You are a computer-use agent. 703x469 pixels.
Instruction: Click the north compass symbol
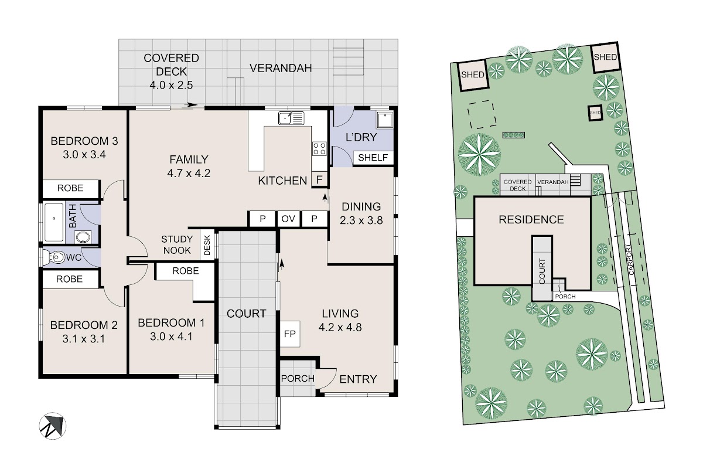[53, 426]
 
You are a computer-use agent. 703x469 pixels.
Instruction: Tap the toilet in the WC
[53, 257]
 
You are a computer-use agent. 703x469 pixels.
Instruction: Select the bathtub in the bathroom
[54, 222]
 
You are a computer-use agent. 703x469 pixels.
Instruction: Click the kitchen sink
[291, 118]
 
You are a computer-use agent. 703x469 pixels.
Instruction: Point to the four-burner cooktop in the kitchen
[319, 148]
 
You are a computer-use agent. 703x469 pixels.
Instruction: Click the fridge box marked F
[319, 179]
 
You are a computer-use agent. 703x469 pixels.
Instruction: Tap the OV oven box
[289, 219]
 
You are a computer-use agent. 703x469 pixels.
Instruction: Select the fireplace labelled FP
[289, 334]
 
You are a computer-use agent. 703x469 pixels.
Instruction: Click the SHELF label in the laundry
[373, 157]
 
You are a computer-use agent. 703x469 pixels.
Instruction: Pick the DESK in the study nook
[207, 245]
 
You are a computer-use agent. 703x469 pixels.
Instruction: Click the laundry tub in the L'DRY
[385, 120]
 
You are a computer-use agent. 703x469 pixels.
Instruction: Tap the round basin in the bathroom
[83, 237]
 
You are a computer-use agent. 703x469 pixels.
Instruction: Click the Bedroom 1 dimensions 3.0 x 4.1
[171, 337]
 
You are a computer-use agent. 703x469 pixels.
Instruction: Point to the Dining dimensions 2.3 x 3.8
[361, 220]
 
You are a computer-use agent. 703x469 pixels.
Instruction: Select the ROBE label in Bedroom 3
[70, 188]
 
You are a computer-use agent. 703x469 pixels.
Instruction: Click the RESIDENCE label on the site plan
[531, 220]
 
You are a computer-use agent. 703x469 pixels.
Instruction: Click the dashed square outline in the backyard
[482, 114]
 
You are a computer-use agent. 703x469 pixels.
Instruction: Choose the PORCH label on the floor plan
[298, 379]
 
